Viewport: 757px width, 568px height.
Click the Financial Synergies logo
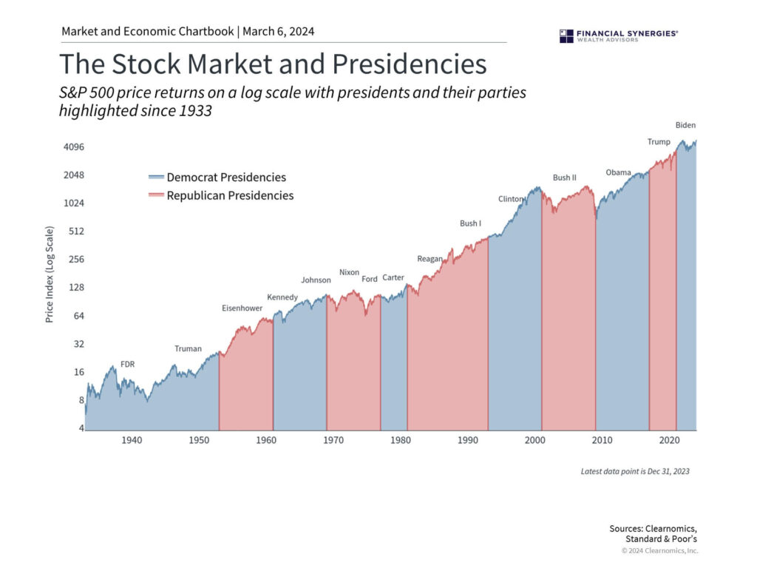[x=619, y=35]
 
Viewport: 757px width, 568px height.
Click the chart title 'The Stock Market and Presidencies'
[x=273, y=64]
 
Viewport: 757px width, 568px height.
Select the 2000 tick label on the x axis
[x=534, y=441]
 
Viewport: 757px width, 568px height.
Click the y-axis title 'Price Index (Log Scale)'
[x=50, y=274]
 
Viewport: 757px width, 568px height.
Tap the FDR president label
[x=127, y=364]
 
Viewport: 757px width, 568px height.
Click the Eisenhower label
[x=242, y=308]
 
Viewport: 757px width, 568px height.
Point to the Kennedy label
[x=282, y=297]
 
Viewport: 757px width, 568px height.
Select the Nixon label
[x=349, y=272]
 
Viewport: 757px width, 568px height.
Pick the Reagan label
[x=430, y=259]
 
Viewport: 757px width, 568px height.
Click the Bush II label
[x=564, y=177]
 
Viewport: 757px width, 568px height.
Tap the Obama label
[x=618, y=172]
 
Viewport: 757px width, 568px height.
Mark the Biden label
[x=685, y=125]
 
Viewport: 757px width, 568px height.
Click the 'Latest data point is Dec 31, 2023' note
[x=635, y=471]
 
